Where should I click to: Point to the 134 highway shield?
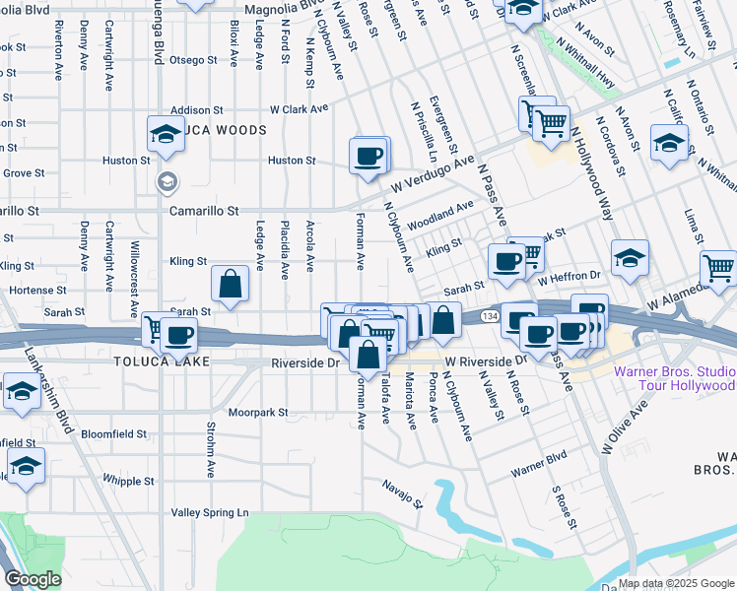(x=490, y=316)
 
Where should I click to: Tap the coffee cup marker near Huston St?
(x=368, y=156)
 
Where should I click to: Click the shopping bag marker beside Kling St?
(x=230, y=285)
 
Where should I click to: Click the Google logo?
(x=33, y=579)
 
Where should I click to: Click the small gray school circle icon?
(x=167, y=181)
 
